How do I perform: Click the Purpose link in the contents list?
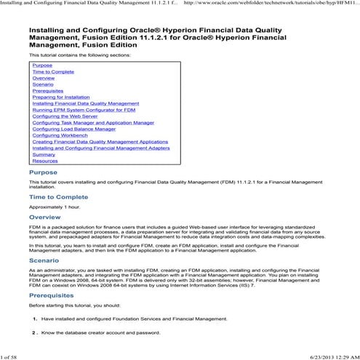pyautogui.click(x=42, y=65)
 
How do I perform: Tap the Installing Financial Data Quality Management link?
pyautogui.click(x=85, y=103)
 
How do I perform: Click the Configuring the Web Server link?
pyautogui.click(x=65, y=116)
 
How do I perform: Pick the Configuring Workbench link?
pyautogui.click(x=58, y=135)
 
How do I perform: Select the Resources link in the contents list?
pyautogui.click(x=45, y=160)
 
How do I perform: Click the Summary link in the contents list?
pyautogui.click(x=44, y=153)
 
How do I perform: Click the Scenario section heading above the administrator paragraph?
pyautogui.click(x=44, y=259)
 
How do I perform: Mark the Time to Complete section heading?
pyautogui.click(x=58, y=196)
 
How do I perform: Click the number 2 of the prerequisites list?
pyautogui.click(x=34, y=332)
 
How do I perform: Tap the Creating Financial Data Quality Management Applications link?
pyautogui.click(x=100, y=141)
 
